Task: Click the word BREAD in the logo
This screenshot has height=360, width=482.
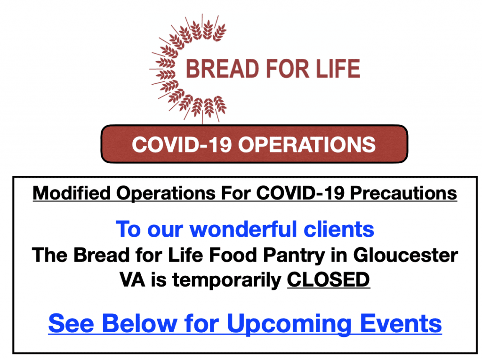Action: (223, 69)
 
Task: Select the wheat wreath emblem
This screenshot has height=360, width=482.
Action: (188, 69)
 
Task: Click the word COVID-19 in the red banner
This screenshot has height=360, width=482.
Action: (182, 144)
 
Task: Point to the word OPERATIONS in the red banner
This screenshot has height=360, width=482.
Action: (307, 144)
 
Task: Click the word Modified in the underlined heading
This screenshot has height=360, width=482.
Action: (72, 193)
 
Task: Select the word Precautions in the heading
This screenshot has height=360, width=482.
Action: (403, 193)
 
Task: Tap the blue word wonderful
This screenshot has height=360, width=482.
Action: (243, 229)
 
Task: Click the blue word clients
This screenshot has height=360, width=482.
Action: (339, 229)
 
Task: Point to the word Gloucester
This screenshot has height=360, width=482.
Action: (405, 255)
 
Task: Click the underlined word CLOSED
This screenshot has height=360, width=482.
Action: (328, 280)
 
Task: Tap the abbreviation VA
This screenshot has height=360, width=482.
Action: (132, 280)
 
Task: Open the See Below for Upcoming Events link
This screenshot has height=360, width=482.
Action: (245, 324)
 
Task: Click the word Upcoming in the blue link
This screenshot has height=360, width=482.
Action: (289, 324)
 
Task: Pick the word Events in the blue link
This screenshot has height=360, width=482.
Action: (401, 323)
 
